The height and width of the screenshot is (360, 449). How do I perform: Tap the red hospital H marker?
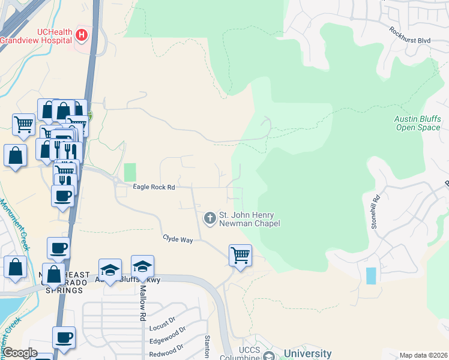(82, 37)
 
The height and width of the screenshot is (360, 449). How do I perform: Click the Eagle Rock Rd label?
(154, 188)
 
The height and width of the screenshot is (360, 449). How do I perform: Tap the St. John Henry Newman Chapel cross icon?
(210, 218)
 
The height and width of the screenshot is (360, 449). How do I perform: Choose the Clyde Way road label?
(178, 239)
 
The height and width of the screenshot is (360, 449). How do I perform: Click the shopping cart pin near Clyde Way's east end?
(240, 255)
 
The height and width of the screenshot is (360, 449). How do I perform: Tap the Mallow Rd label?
(143, 302)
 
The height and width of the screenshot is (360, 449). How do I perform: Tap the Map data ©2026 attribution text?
(424, 355)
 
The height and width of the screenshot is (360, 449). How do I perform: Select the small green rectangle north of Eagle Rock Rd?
(130, 172)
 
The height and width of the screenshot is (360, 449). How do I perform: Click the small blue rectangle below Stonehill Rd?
(372, 276)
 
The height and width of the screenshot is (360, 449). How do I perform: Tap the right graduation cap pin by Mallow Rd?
(142, 267)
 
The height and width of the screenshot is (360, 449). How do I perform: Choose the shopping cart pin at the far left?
(23, 124)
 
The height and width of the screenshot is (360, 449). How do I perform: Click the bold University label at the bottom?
(308, 353)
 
